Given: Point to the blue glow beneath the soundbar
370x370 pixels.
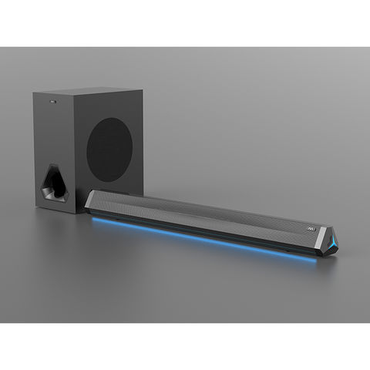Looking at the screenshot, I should (200, 235).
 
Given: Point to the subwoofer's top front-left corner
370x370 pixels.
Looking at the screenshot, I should (33, 94).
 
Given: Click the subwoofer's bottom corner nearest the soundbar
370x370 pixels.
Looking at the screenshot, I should (76, 213).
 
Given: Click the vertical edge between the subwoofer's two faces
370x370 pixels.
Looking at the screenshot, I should (76, 154).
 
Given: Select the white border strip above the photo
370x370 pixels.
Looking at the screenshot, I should (185, 23).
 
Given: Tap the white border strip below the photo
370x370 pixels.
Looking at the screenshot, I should (185, 347).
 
